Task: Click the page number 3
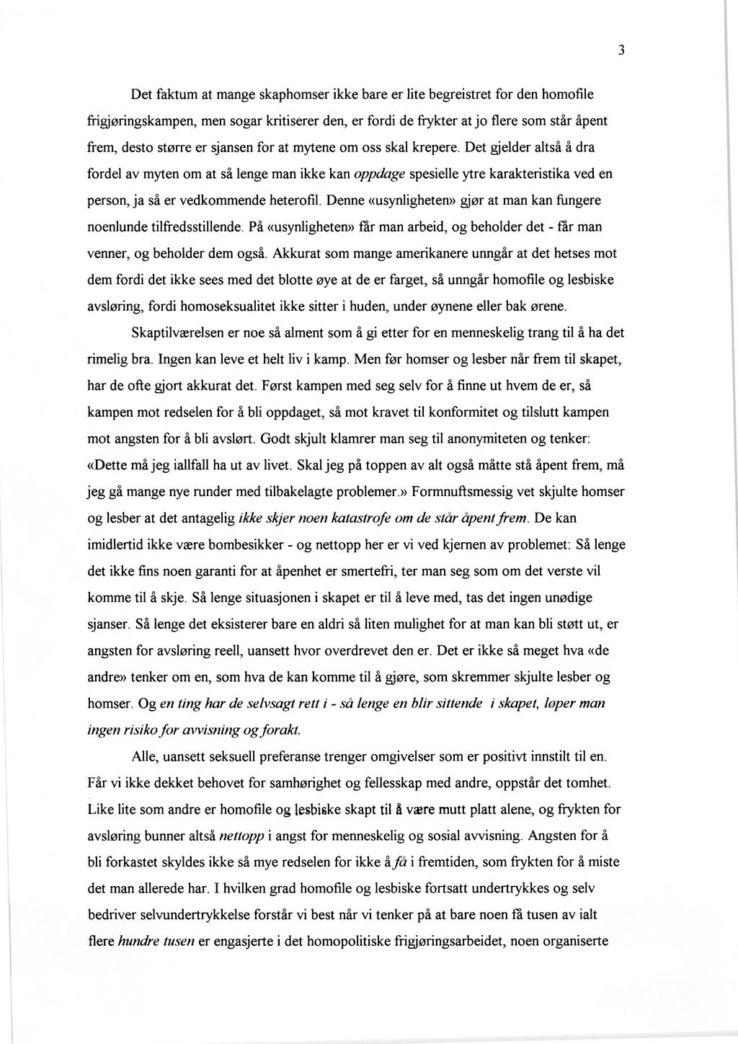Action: [620, 50]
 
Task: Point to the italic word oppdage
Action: [381, 174]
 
